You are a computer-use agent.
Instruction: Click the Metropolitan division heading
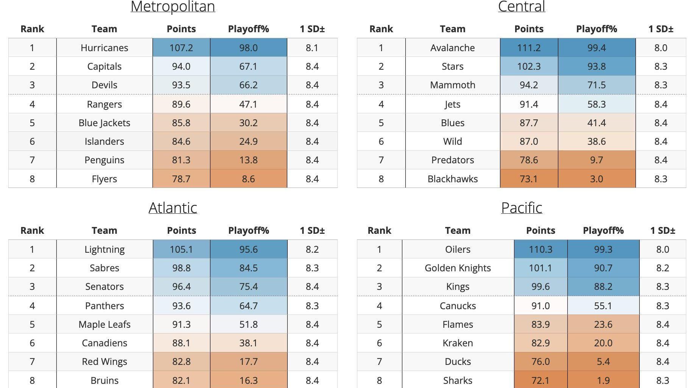point(173,6)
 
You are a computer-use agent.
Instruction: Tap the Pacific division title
point(521,207)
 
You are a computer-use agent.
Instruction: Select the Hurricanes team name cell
point(104,48)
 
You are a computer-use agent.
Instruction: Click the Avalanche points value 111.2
point(528,48)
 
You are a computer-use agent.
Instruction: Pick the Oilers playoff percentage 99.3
point(603,249)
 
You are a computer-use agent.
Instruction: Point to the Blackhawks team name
point(452,179)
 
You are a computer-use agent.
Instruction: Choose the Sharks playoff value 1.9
point(603,380)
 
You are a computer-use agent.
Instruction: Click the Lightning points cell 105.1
point(181,249)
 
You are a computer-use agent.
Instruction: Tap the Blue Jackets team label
point(104,123)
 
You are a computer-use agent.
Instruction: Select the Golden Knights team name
point(457,268)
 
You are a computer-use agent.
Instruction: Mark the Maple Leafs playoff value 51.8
point(248,324)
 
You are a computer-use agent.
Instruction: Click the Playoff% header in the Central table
point(596,29)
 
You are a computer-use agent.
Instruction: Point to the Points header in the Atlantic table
point(181,230)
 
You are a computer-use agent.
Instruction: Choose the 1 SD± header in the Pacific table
point(662,230)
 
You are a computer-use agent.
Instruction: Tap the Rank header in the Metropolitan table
point(32,29)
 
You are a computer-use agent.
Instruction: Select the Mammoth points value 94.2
point(528,85)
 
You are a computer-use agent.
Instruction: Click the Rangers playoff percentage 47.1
point(248,104)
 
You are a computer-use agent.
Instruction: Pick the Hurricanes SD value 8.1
point(312,48)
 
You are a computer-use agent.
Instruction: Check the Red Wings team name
point(104,361)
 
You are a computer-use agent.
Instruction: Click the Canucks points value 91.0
point(540,306)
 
